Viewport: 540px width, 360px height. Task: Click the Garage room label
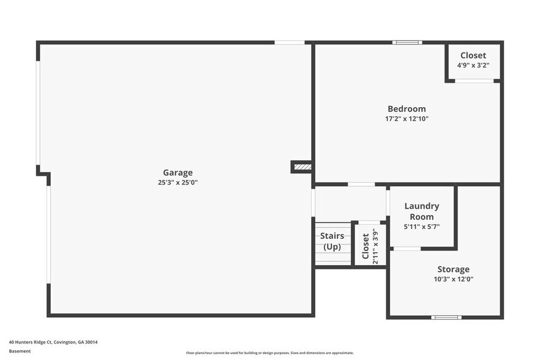click(x=178, y=173)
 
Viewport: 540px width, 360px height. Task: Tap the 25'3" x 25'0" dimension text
click(x=178, y=182)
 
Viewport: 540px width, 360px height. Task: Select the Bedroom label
click(x=407, y=109)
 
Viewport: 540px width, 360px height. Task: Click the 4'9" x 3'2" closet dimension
click(x=473, y=65)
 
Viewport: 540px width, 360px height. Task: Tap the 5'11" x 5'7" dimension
click(x=422, y=227)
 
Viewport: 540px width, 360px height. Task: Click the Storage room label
click(x=453, y=269)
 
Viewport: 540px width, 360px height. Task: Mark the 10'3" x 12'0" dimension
click(x=453, y=279)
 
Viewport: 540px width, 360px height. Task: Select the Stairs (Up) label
click(x=332, y=241)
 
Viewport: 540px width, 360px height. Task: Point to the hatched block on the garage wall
click(x=302, y=167)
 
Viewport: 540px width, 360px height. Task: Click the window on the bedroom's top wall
click(x=407, y=42)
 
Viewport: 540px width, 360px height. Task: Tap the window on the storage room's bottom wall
click(x=446, y=317)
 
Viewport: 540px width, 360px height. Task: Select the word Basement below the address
click(x=20, y=351)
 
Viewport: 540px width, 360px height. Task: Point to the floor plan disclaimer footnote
click(x=270, y=353)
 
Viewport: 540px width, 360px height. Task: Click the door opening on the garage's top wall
click(x=289, y=42)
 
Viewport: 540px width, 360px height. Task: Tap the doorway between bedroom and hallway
click(x=361, y=184)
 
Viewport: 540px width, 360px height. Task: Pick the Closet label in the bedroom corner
click(x=473, y=55)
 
